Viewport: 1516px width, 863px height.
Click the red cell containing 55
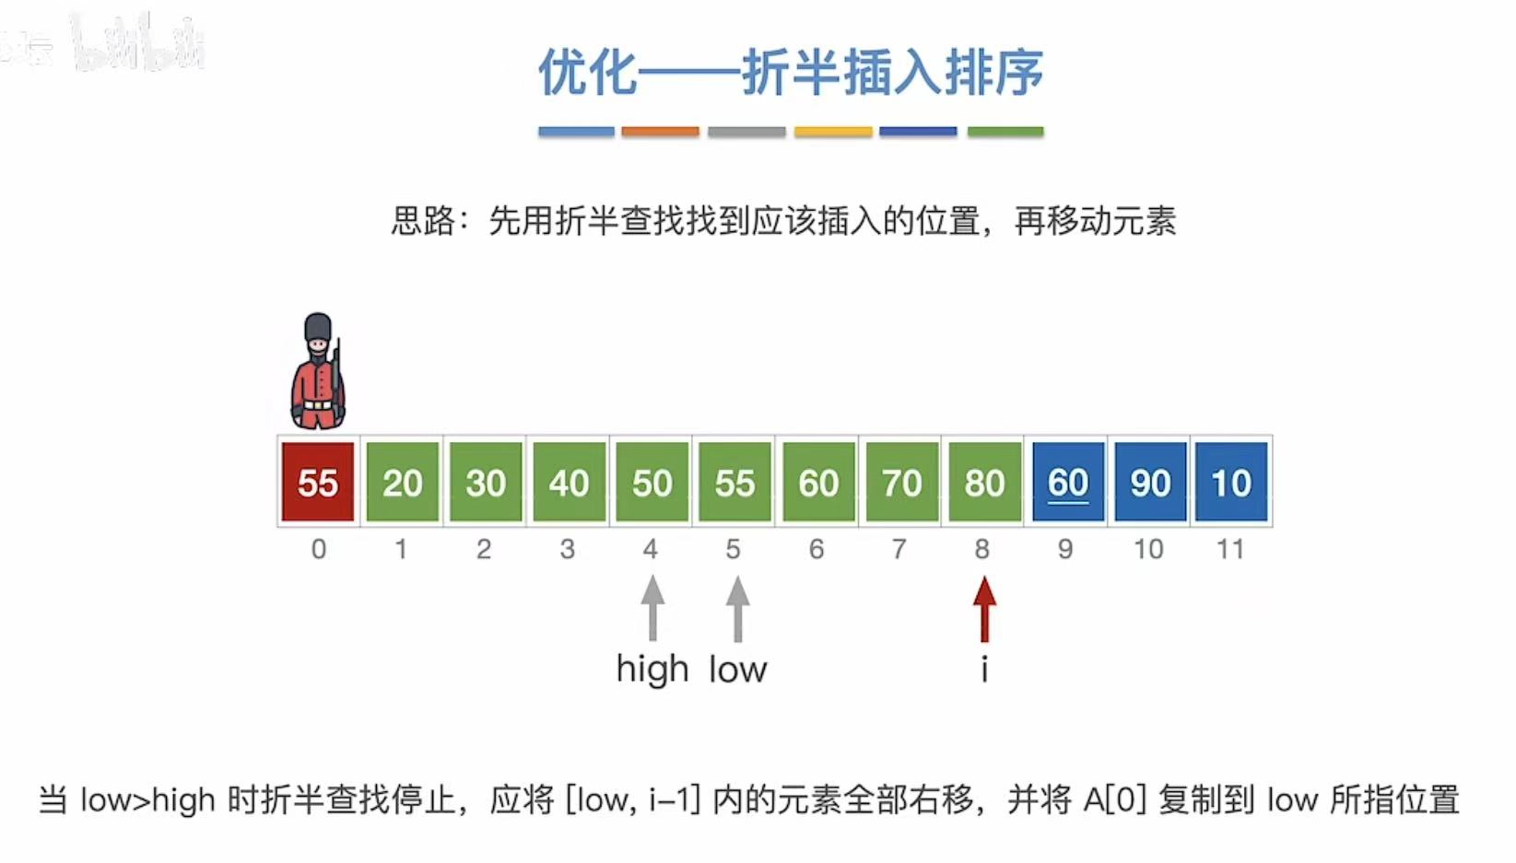318,482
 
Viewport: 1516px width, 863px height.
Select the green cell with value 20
402,482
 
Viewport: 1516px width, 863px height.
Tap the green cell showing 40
569,482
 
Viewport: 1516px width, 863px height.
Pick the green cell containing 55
734,482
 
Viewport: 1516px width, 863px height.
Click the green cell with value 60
817,482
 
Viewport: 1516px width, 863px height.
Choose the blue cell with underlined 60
1068,482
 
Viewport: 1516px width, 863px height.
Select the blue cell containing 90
1150,482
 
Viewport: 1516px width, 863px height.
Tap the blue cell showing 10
1231,482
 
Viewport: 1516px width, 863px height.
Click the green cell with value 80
984,482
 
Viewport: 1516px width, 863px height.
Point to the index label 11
1230,550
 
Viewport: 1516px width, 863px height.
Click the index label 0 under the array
318,550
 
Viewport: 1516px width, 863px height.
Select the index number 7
899,550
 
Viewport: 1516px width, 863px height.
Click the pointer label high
652,670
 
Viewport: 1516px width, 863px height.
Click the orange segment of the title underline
660,132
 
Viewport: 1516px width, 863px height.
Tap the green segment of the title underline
1005,132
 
